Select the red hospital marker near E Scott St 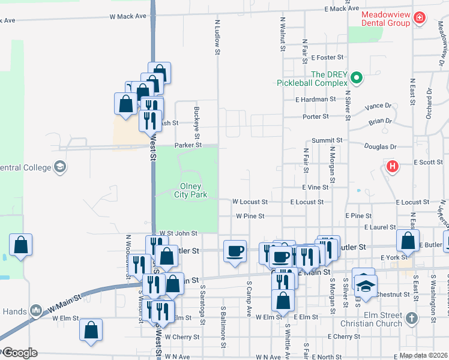[x=393, y=166]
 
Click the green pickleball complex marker [x=357, y=77]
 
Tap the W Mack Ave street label [x=128, y=16]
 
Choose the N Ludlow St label [x=217, y=37]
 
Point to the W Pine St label [x=250, y=215]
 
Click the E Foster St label [x=327, y=58]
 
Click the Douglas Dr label [x=381, y=146]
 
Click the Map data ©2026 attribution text [x=423, y=355]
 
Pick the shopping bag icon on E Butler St [x=408, y=241]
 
